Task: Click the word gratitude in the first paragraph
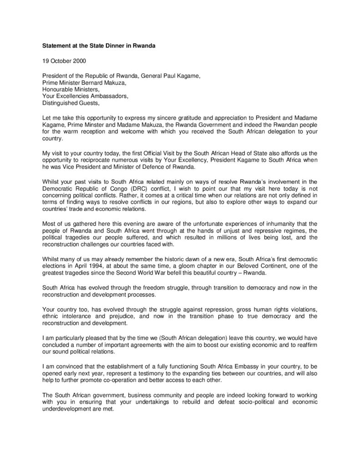click(191, 118)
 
